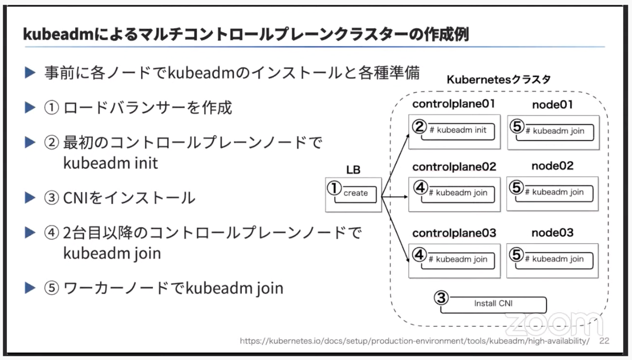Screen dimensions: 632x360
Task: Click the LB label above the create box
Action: (353, 169)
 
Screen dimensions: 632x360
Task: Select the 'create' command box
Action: (355, 194)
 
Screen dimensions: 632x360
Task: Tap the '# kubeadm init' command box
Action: (458, 131)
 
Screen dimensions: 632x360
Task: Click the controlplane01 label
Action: (453, 104)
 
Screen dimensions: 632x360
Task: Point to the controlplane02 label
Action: (454, 167)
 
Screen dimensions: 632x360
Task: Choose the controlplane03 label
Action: (454, 233)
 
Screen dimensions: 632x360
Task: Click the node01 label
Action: (552, 105)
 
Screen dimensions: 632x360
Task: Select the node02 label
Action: (552, 166)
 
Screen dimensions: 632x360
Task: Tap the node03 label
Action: (552, 233)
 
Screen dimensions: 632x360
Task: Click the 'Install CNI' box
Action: (493, 304)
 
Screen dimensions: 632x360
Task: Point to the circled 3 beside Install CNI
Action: (441, 298)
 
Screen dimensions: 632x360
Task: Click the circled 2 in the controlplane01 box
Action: (419, 126)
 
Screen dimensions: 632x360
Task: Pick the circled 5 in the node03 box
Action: (516, 255)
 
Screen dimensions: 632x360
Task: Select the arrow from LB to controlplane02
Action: (394, 196)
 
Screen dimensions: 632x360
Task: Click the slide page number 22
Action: (605, 341)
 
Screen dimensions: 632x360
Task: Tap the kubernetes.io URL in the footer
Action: (415, 341)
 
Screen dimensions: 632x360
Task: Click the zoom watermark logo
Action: (554, 324)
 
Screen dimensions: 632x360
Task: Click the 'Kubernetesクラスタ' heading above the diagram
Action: (499, 79)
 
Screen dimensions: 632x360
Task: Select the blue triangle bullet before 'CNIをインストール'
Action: (30, 197)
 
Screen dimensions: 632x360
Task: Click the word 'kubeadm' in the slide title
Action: (58, 34)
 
